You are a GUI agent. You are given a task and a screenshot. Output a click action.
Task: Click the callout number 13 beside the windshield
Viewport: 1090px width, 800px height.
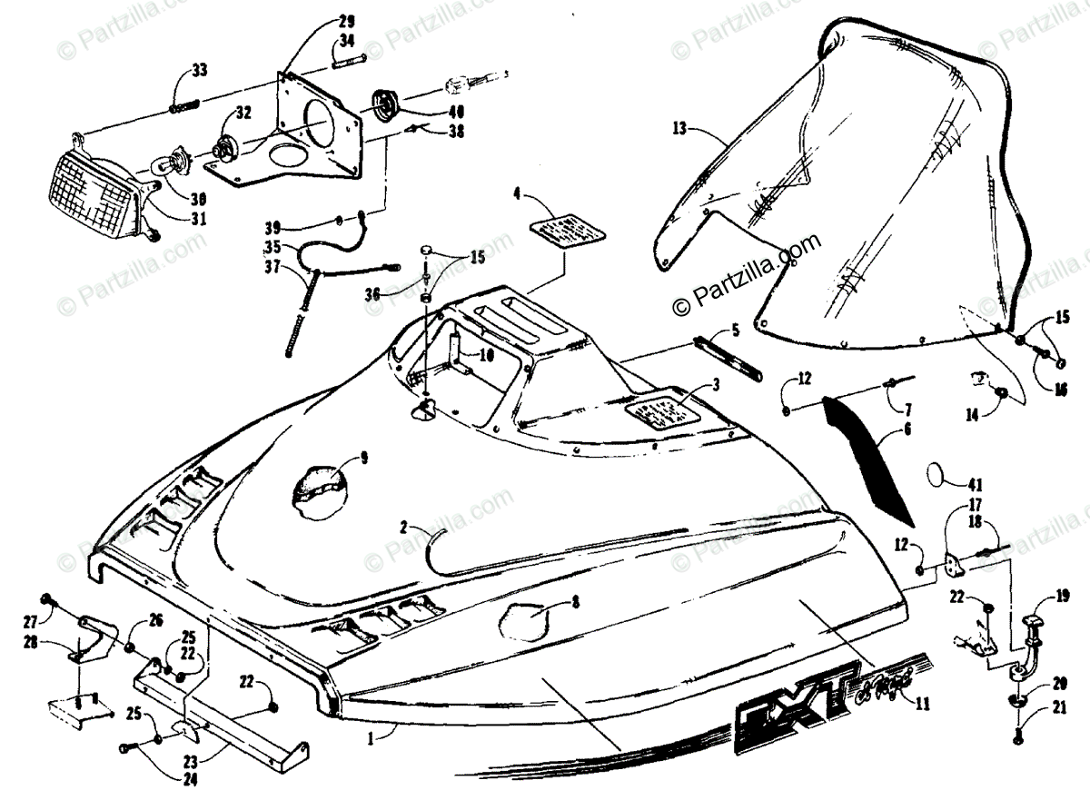679,128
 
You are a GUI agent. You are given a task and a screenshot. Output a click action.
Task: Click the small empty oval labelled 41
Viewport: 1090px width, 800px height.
942,477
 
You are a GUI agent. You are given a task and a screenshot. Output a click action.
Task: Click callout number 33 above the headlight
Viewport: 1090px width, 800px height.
200,72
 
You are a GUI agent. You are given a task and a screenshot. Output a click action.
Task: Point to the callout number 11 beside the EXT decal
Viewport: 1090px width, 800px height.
924,702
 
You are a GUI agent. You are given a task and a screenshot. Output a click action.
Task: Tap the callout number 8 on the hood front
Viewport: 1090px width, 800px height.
576,600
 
